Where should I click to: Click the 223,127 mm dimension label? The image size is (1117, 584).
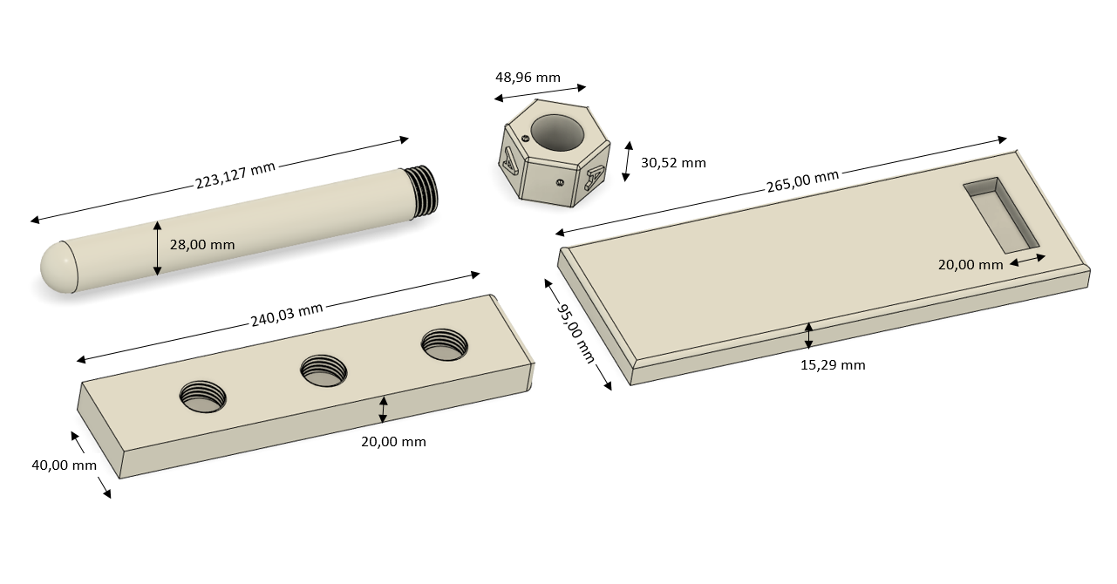click(x=235, y=174)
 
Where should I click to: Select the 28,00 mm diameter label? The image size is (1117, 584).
click(x=202, y=245)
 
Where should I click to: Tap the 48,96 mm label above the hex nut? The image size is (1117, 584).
click(x=528, y=78)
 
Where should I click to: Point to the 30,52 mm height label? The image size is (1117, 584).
click(x=673, y=163)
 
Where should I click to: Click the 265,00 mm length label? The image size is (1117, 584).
click(x=803, y=180)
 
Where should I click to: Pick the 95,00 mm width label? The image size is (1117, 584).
click(x=576, y=333)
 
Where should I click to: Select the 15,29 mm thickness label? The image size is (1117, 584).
click(x=833, y=365)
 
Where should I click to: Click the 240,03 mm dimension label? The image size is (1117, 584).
click(x=287, y=315)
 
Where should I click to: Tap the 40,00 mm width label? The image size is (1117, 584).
click(x=64, y=465)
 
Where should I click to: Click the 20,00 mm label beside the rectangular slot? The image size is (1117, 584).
click(x=971, y=265)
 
